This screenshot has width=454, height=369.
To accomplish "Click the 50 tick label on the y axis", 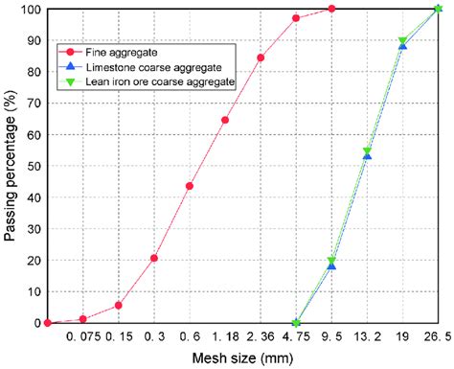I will pos(34,166).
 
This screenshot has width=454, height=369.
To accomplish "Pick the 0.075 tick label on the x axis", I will pos(83,337).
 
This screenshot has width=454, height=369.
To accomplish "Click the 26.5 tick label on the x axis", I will pos(437,337).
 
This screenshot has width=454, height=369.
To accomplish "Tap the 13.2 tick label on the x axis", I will pos(367,337).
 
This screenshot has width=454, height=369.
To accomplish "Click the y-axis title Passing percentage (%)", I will pos(11,165).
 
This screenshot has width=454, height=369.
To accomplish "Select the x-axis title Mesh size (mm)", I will pos(242,358).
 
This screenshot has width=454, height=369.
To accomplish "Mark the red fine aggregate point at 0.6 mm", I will pos(190,186).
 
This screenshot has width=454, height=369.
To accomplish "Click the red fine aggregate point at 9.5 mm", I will pos(331,9).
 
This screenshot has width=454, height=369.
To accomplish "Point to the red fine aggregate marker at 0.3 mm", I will pos(154,258).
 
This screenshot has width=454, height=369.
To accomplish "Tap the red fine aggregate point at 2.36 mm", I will pos(261,58).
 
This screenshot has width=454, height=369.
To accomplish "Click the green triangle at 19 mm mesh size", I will pos(402,41).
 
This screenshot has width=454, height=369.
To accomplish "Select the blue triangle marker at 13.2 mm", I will pos(367,155).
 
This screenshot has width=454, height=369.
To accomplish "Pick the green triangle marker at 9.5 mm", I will pos(332,261).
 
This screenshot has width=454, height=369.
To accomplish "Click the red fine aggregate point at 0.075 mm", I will pos(83,319).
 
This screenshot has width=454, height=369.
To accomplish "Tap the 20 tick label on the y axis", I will pos(34,260).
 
